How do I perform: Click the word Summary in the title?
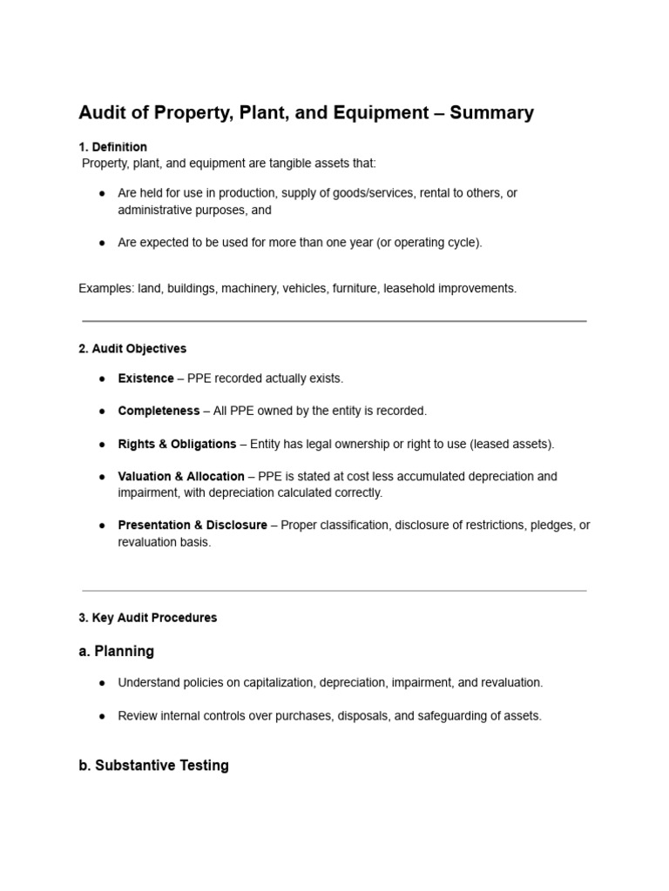tap(491, 113)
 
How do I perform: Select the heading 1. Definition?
tap(112, 147)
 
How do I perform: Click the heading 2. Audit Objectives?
tap(132, 349)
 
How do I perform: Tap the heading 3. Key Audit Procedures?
tap(147, 618)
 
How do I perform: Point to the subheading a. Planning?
tap(116, 651)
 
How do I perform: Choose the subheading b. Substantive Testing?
tap(153, 766)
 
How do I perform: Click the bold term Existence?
tap(145, 379)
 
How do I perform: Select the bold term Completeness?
tap(159, 411)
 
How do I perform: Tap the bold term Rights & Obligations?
tap(177, 444)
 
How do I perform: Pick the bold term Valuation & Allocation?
tap(181, 477)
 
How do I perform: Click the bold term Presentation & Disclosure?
tap(193, 526)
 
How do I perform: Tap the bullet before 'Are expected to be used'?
tap(103, 243)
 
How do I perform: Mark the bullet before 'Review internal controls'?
tap(103, 716)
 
